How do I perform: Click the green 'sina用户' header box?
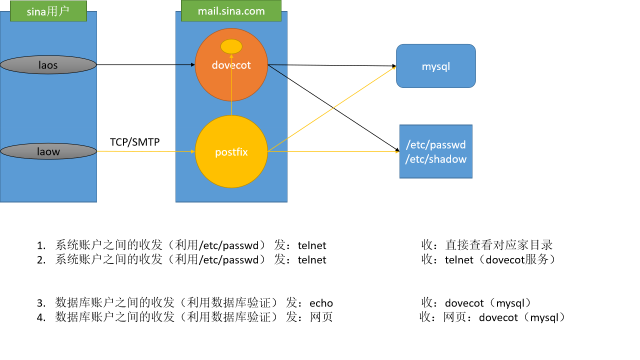click(48, 11)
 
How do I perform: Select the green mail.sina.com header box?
click(231, 11)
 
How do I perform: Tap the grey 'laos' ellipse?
click(48, 65)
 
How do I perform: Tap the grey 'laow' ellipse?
click(48, 151)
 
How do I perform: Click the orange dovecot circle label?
click(231, 65)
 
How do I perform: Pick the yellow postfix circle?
click(231, 151)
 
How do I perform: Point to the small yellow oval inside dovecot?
click(231, 46)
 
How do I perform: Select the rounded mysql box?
click(435, 66)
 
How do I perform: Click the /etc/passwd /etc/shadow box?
click(435, 151)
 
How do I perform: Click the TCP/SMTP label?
click(135, 142)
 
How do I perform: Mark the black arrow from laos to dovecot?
click(145, 65)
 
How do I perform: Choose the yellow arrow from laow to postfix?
click(145, 151)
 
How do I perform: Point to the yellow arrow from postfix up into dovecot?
click(231, 84)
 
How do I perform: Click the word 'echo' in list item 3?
click(321, 303)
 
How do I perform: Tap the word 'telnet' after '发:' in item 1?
click(312, 245)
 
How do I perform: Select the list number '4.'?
click(41, 317)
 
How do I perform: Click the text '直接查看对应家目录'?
click(498, 245)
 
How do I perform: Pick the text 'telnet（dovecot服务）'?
click(500, 259)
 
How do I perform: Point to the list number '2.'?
click(41, 260)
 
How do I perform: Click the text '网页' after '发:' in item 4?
click(321, 317)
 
